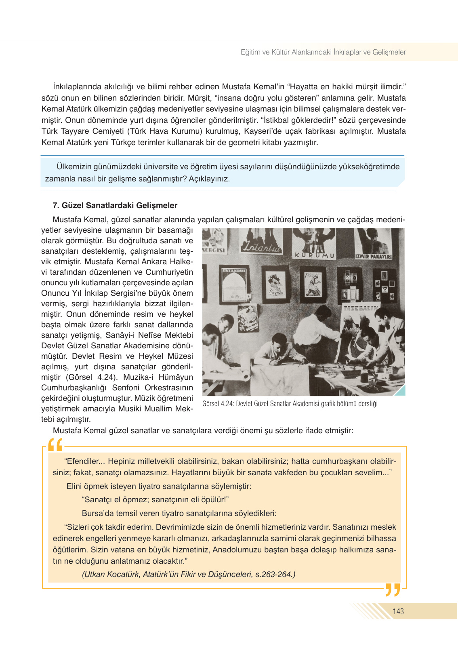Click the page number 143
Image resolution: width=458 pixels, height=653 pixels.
click(x=398, y=611)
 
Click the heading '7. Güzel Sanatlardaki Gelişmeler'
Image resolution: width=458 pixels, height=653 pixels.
click(x=115, y=205)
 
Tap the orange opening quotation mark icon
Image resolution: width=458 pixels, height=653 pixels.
click(x=55, y=445)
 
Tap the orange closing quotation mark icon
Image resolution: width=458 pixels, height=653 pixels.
click(x=392, y=590)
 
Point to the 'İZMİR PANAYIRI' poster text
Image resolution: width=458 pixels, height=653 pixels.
click(x=373, y=257)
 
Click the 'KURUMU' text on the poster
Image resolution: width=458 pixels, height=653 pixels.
click(x=315, y=255)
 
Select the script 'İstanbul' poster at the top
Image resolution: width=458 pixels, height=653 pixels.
click(x=261, y=246)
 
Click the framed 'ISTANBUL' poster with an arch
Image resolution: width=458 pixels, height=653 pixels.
click(x=235, y=283)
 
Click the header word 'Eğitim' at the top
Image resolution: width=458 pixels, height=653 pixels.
click(x=250, y=52)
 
